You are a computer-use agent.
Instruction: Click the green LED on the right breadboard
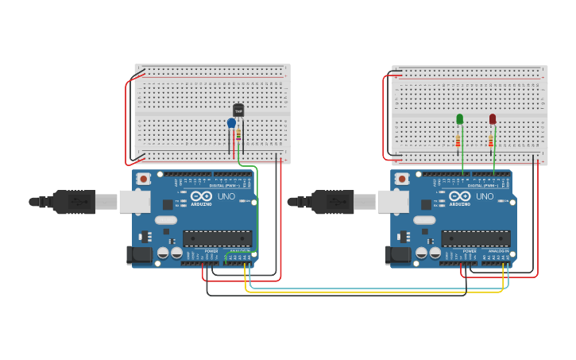click(459, 119)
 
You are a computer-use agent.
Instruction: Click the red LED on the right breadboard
click(493, 119)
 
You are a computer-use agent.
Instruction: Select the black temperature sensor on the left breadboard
click(238, 110)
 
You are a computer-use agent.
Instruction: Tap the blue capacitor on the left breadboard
click(231, 123)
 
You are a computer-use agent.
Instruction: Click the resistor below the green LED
click(458, 141)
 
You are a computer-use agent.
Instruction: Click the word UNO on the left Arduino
click(226, 195)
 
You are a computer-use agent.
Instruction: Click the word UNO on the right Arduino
click(485, 195)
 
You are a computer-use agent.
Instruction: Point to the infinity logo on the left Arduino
click(202, 195)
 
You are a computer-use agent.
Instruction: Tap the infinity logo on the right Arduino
click(460, 195)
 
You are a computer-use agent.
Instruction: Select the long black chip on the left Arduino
click(217, 238)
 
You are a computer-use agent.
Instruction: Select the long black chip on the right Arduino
click(475, 238)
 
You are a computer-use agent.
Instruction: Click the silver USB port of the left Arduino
click(134, 201)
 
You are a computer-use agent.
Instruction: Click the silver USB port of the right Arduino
click(392, 201)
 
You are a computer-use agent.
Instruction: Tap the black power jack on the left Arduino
click(138, 255)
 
